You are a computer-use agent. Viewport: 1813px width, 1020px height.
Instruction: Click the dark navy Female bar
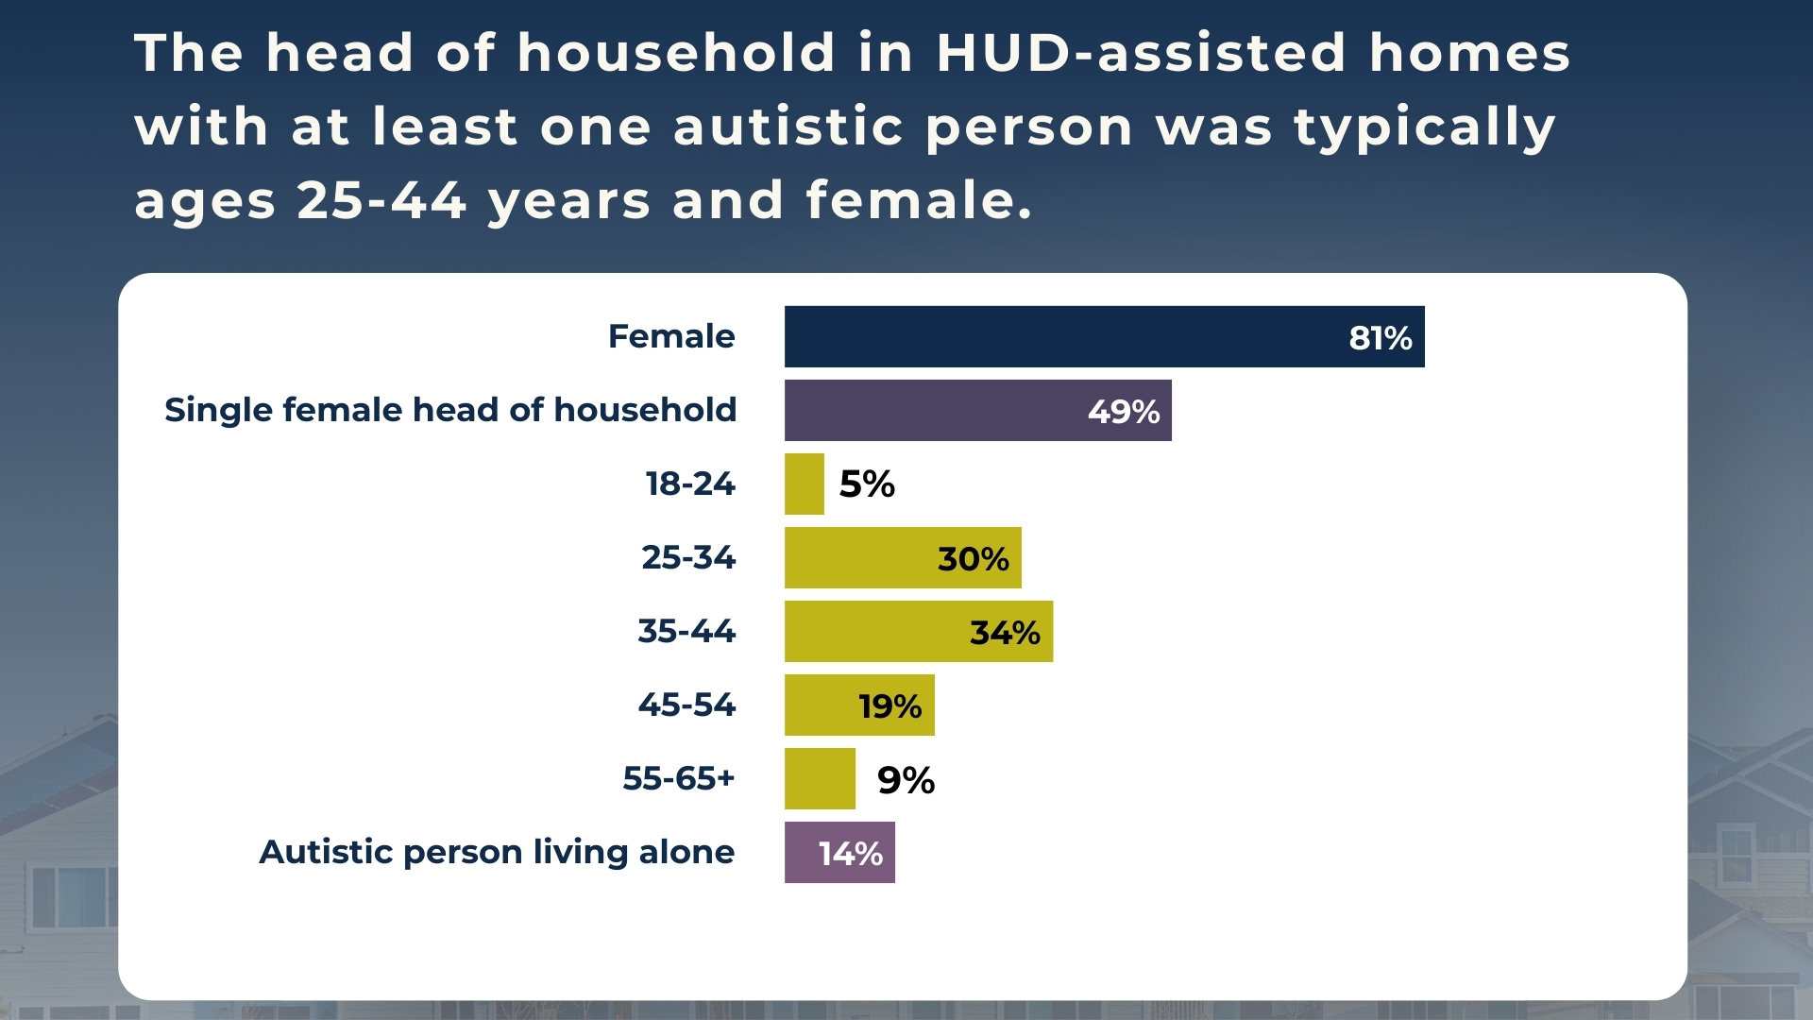[x=1058, y=336]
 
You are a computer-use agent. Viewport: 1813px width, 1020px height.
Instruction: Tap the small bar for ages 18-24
[x=804, y=484]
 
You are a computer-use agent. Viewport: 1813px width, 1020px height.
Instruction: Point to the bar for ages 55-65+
[x=820, y=778]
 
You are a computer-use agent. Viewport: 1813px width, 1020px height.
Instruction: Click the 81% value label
[x=1380, y=338]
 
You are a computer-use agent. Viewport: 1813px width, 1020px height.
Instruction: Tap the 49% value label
[x=1123, y=412]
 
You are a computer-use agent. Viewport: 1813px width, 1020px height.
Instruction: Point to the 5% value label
[x=867, y=484]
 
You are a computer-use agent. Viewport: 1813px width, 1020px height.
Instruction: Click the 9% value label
[x=906, y=780]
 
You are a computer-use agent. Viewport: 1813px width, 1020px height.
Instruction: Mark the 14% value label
[x=850, y=854]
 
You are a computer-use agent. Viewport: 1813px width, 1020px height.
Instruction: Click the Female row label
[x=670, y=336]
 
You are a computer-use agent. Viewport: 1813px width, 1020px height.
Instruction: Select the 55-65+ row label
[x=678, y=778]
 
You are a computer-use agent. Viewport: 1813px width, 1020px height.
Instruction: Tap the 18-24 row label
[x=690, y=484]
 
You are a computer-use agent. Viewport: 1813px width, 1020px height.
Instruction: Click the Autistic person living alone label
[x=497, y=852]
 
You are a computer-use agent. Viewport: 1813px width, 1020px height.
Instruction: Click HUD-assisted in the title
[x=1141, y=53]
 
